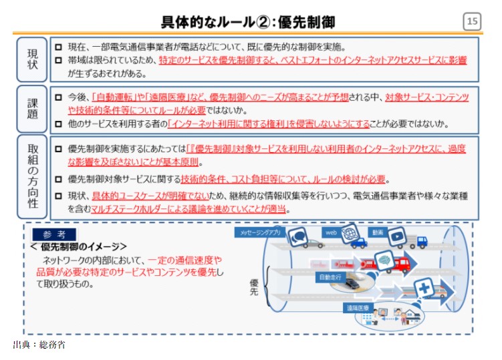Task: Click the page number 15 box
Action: click(x=472, y=22)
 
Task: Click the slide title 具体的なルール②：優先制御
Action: click(x=248, y=22)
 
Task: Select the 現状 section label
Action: click(x=32, y=59)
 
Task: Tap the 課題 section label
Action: click(x=32, y=110)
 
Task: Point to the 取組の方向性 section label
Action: click(x=32, y=177)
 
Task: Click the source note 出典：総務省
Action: click(x=39, y=345)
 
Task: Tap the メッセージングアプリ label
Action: click(x=260, y=232)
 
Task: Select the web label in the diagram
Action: click(x=331, y=232)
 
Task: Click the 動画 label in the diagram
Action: click(x=378, y=232)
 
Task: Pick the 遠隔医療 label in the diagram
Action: click(x=358, y=309)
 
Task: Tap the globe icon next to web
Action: click(x=349, y=234)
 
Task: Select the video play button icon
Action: click(x=396, y=235)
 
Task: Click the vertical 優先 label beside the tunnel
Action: click(x=254, y=288)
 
